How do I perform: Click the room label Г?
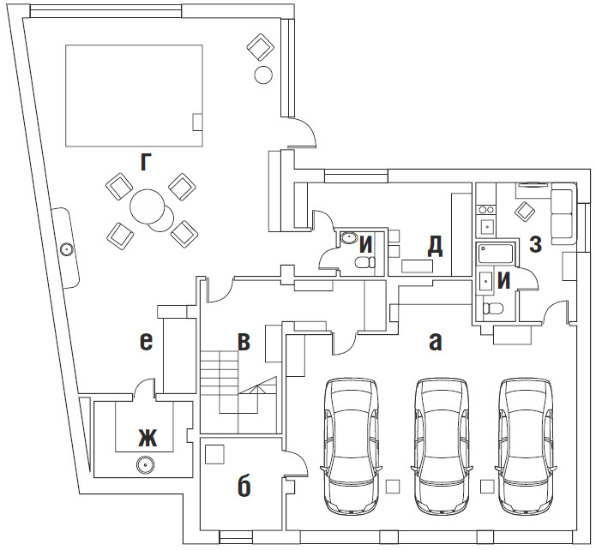click(144, 163)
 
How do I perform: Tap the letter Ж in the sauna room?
click(147, 439)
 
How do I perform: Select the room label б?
click(244, 487)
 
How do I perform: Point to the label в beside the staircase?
click(244, 342)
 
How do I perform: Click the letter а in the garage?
click(436, 342)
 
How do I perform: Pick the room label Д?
click(436, 246)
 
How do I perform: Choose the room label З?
click(535, 244)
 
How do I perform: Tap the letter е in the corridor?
click(147, 342)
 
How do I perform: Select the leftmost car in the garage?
click(352, 446)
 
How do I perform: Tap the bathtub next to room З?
click(496, 254)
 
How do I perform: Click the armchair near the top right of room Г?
click(261, 47)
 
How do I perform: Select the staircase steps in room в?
click(229, 382)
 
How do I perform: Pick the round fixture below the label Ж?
click(145, 464)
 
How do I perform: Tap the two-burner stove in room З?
click(485, 209)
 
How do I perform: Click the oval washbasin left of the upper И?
click(348, 238)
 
